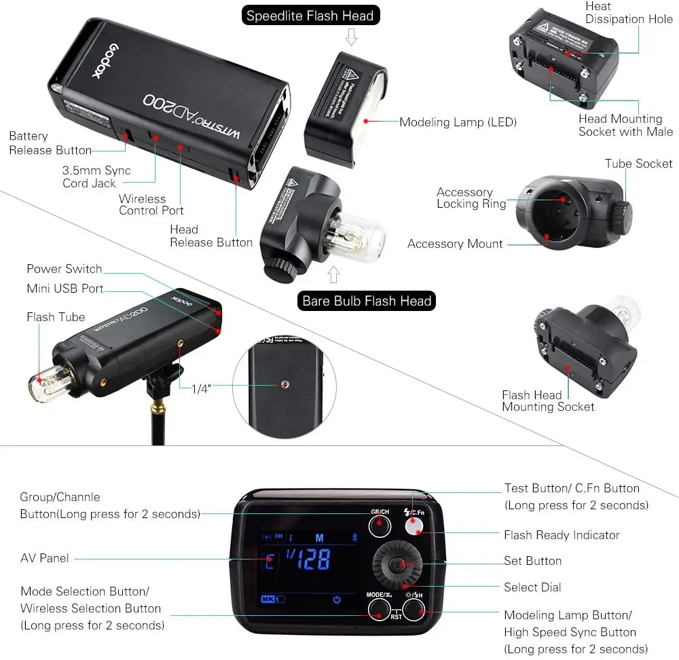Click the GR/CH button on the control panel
coord(380,525)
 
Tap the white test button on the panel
coord(415,526)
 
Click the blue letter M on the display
coord(318,536)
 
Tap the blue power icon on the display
coord(336,600)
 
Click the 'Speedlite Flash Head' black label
coord(310,16)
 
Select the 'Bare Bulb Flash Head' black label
coord(367,301)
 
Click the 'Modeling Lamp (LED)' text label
coord(458,122)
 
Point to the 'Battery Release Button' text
coord(50,143)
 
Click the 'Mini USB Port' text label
coord(65,289)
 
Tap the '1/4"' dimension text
coord(202,388)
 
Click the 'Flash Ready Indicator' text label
coord(562,535)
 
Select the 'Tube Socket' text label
coord(638,164)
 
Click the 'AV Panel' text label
coord(45,558)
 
